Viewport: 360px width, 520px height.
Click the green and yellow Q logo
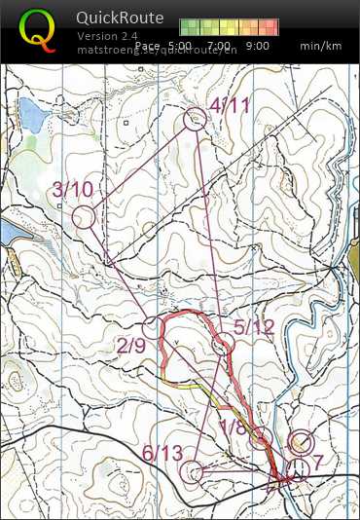pyautogui.click(x=37, y=28)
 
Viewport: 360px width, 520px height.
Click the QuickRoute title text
pyautogui.click(x=120, y=18)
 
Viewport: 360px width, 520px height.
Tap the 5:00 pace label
pyautogui.click(x=178, y=46)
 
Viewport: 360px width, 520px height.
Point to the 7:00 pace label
pyautogui.click(x=219, y=46)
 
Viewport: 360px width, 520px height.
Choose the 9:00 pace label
pyautogui.click(x=258, y=46)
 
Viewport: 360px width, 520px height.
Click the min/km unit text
pyautogui.click(x=322, y=46)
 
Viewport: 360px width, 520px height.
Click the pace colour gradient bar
pyautogui.click(x=230, y=27)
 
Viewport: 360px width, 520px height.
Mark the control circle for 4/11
pyautogui.click(x=195, y=119)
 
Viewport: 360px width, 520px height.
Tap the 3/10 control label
pyautogui.click(x=74, y=189)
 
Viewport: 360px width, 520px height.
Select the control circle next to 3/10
pyautogui.click(x=84, y=216)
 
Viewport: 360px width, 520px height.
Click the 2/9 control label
pyautogui.click(x=132, y=346)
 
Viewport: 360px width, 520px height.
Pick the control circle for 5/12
pyautogui.click(x=224, y=343)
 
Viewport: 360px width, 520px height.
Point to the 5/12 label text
pyautogui.click(x=256, y=326)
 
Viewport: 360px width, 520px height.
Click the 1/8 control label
pyautogui.click(x=234, y=426)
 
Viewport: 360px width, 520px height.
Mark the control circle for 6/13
pyautogui.click(x=194, y=472)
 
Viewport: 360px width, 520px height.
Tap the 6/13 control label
pyautogui.click(x=162, y=454)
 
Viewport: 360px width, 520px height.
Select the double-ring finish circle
pyautogui.click(x=301, y=442)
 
